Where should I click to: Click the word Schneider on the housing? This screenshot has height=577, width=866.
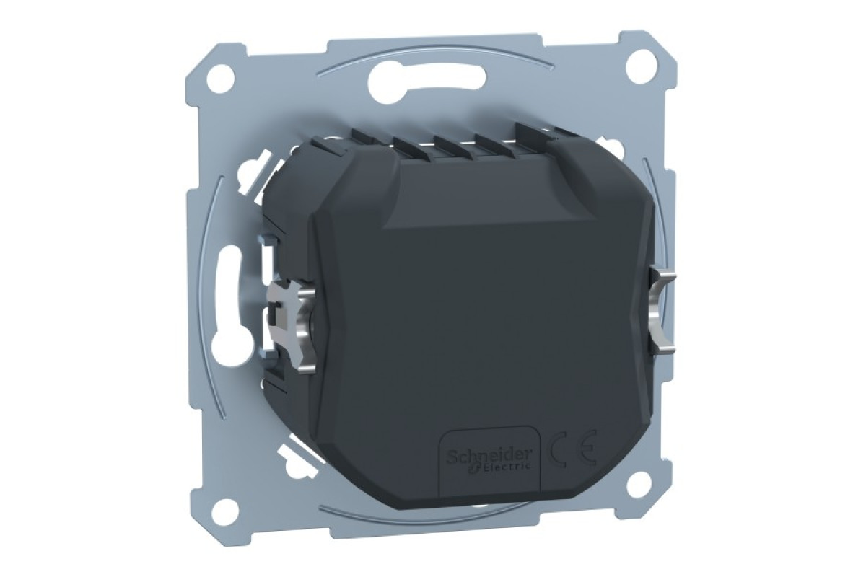point(489,455)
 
